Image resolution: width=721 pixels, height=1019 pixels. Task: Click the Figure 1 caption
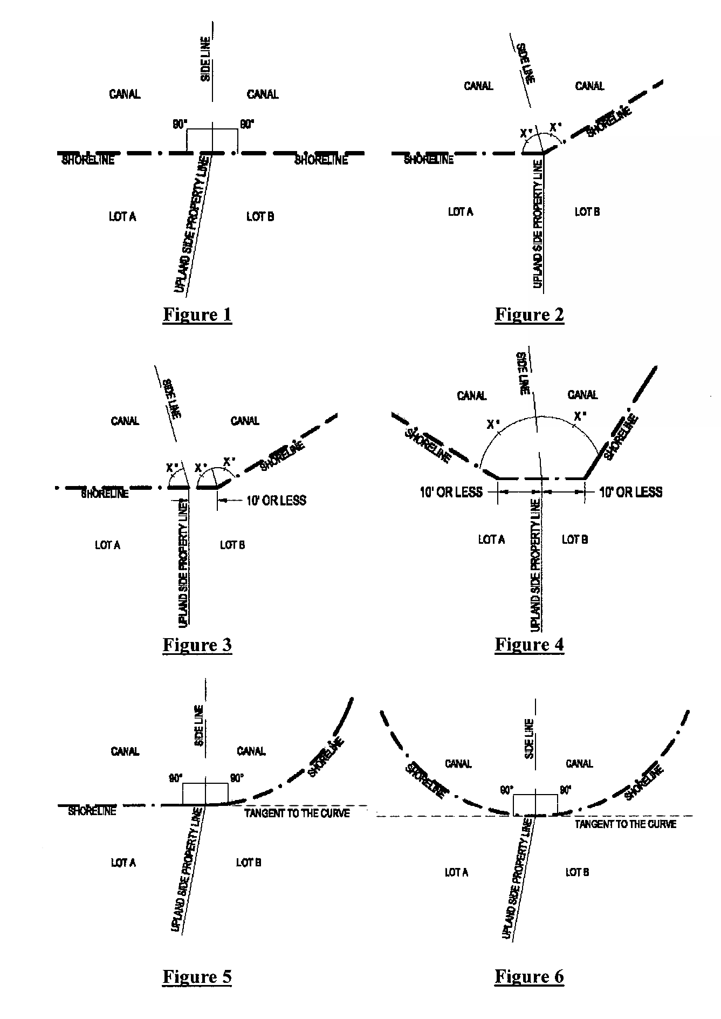point(197,314)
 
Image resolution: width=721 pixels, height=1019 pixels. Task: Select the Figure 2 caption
point(529,314)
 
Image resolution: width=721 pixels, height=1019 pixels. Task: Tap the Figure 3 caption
point(197,645)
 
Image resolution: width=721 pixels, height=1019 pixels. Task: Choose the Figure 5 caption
point(197,976)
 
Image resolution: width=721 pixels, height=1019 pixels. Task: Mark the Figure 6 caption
point(529,976)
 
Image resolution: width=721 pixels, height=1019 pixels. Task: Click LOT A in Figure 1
point(122,216)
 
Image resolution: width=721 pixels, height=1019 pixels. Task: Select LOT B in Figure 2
point(587,211)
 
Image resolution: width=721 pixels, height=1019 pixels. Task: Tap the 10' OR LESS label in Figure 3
point(276,501)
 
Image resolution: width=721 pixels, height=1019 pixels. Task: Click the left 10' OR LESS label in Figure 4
point(451,492)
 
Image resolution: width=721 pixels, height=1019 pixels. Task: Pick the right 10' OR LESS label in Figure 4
point(631,492)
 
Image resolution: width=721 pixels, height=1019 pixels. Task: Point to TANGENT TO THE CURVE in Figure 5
point(297,813)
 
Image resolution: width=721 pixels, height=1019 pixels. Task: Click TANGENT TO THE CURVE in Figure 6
point(626,824)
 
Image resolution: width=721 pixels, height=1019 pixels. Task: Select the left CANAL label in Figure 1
point(125,94)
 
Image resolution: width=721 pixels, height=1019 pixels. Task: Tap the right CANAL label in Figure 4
point(582,395)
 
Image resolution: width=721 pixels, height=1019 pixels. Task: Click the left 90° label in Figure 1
point(180,125)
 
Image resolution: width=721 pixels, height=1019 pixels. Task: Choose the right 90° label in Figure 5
point(237,778)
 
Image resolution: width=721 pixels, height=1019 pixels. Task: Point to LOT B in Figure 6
point(577,872)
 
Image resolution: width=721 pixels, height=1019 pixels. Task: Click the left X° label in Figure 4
point(492,425)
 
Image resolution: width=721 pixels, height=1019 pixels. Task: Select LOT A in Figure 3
point(107,545)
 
